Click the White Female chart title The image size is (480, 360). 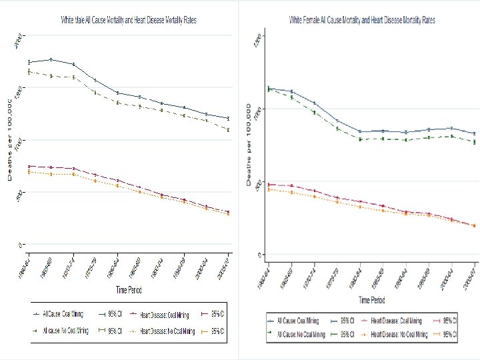tap(362, 21)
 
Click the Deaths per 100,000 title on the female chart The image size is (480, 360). tap(248, 143)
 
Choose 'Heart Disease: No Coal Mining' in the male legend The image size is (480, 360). tap(163, 330)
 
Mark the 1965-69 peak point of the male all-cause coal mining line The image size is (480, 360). tap(51, 59)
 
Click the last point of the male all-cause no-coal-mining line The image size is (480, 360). tap(229, 130)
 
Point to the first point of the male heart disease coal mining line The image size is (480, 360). tap(29, 166)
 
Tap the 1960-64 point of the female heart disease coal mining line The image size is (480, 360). tap(269, 185)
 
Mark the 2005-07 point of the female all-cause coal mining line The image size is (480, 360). tap(474, 133)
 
